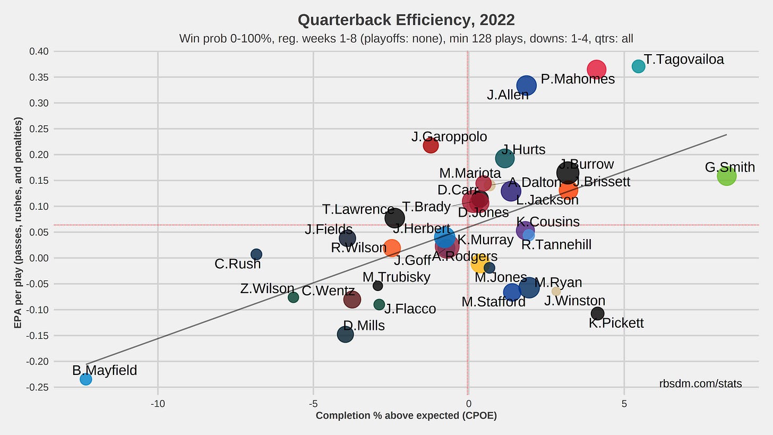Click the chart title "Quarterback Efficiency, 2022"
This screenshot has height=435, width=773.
(x=406, y=20)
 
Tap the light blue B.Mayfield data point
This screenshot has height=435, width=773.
(x=85, y=379)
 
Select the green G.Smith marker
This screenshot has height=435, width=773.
(x=726, y=176)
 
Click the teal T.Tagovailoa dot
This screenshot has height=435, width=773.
(x=638, y=66)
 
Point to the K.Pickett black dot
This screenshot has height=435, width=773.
(x=597, y=313)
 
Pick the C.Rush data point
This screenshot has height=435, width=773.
(x=256, y=254)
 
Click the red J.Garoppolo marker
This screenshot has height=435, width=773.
(x=431, y=145)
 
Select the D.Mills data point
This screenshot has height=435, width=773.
(x=345, y=335)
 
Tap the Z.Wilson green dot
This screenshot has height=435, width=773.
(x=293, y=297)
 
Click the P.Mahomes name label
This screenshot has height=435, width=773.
(x=577, y=79)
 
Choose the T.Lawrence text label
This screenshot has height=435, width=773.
(x=358, y=209)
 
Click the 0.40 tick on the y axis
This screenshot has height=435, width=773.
(x=38, y=52)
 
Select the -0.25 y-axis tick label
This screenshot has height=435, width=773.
(x=37, y=387)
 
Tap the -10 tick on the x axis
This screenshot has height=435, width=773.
(x=158, y=404)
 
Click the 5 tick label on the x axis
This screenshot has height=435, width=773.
(x=624, y=404)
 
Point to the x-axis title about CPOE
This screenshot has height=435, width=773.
(x=406, y=416)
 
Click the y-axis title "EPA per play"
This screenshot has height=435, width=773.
(x=18, y=223)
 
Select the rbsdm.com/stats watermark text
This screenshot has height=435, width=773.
(x=700, y=383)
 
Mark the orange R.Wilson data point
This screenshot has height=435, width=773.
(x=392, y=248)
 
